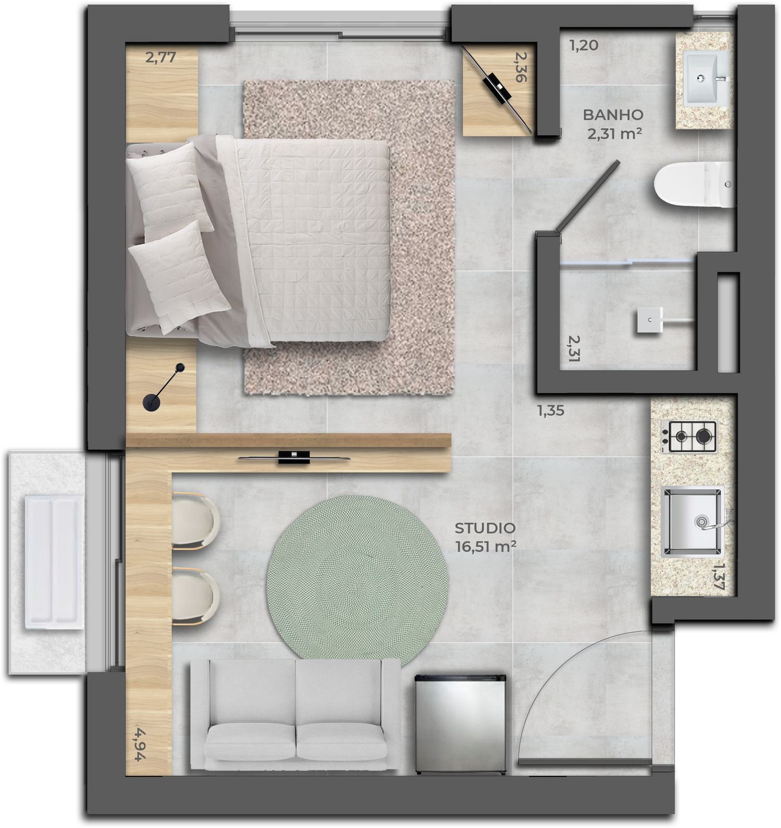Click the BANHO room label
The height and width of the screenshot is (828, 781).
pos(613,115)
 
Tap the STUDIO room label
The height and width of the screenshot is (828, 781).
pos(484,528)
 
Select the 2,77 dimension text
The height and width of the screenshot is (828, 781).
pos(160,57)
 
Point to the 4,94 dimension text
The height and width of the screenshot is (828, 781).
pos(138,744)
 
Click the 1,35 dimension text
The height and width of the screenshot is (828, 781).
pos(551,411)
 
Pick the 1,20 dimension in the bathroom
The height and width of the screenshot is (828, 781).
pos(584,45)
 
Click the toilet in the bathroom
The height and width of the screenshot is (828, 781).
pos(692,185)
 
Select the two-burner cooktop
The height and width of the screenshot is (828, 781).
pos(689,436)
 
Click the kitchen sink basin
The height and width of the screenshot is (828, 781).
pos(692,522)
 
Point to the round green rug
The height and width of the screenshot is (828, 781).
pos(357,577)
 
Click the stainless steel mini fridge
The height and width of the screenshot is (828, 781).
pos(461,724)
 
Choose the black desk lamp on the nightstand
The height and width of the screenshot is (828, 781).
pos(164,388)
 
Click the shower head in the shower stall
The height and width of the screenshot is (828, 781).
pos(650,320)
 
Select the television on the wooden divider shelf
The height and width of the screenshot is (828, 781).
pos(294,458)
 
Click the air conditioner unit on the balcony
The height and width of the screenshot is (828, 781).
pos(53,561)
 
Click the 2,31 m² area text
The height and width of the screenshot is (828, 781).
pos(614,134)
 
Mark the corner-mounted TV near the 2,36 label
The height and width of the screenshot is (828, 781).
pos(498,89)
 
